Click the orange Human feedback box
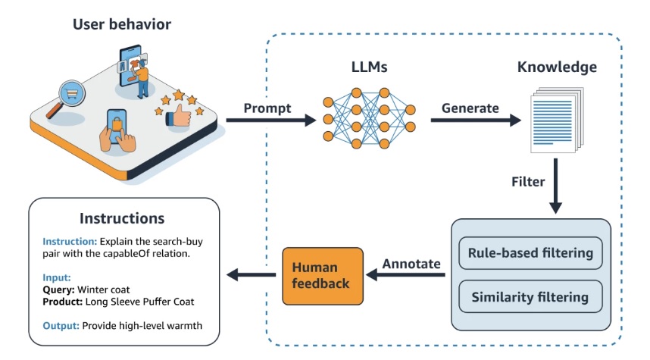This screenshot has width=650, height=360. point(323,276)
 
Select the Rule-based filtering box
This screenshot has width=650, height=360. point(530,253)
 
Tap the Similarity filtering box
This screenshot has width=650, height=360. point(530,296)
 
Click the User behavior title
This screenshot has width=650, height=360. point(122,24)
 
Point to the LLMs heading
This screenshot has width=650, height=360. point(369,67)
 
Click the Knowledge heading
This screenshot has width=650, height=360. point(557,67)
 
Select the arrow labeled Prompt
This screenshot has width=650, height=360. point(271,121)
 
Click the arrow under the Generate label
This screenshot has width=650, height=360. point(476,121)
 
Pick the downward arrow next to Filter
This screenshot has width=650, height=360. point(555,186)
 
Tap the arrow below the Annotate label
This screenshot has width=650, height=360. point(406,274)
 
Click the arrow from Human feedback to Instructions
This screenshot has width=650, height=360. point(252,274)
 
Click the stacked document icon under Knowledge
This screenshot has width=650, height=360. point(557,120)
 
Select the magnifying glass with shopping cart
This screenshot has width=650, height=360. point(67,99)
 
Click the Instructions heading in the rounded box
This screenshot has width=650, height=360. point(122,218)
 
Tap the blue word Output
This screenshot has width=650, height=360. point(61,326)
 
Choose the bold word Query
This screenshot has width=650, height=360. point(58,290)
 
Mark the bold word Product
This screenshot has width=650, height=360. point(63,302)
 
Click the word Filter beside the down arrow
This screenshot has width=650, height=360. point(528,182)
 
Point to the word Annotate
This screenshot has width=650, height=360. point(411,264)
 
